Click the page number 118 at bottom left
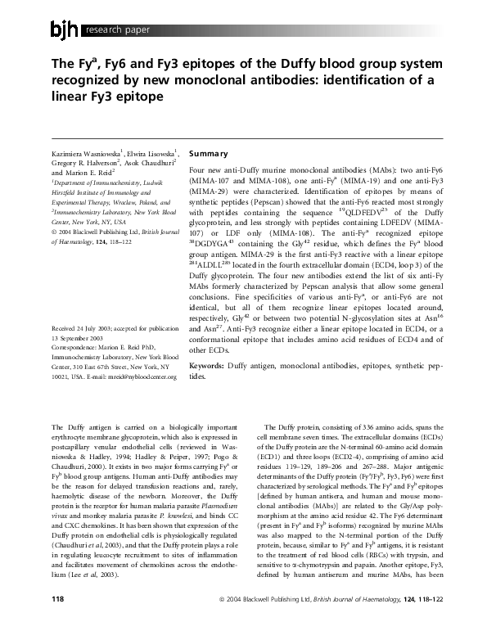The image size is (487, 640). coord(58,622)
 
